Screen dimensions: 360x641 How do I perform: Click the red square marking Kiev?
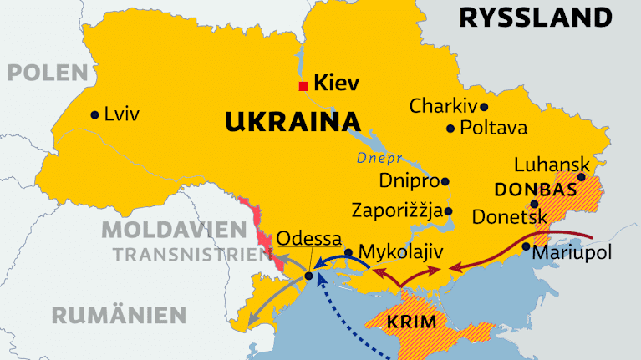click(x=303, y=85)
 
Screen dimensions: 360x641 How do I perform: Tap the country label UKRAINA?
click(x=287, y=123)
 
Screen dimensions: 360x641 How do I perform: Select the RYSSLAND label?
click(x=547, y=17)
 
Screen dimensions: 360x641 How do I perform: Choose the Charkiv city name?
click(x=442, y=106)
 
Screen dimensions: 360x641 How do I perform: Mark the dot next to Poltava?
click(x=450, y=129)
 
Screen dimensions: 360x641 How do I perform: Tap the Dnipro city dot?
click(x=445, y=180)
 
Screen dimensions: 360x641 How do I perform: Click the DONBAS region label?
click(x=535, y=190)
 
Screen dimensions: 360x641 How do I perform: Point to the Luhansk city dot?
click(x=582, y=177)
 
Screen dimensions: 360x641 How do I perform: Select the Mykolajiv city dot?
click(x=348, y=253)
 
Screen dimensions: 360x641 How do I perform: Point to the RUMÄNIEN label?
click(x=118, y=315)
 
